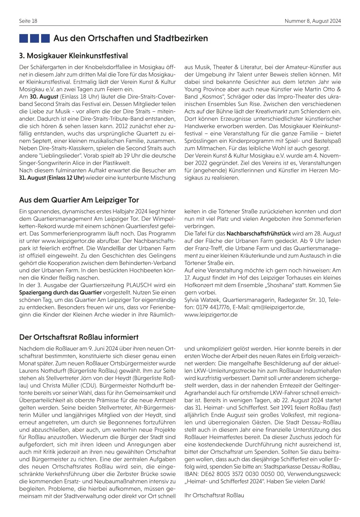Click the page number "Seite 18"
[28, 21]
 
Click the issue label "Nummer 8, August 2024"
[312, 21]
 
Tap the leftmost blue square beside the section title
[24, 38]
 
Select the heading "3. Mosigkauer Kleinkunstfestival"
[73, 56]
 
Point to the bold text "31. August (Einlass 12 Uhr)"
[52, 178]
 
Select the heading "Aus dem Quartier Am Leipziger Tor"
[79, 200]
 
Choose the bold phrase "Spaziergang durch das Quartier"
[60, 293]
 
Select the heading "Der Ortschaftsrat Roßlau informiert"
[79, 337]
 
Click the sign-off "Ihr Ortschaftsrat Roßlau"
[214, 495]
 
